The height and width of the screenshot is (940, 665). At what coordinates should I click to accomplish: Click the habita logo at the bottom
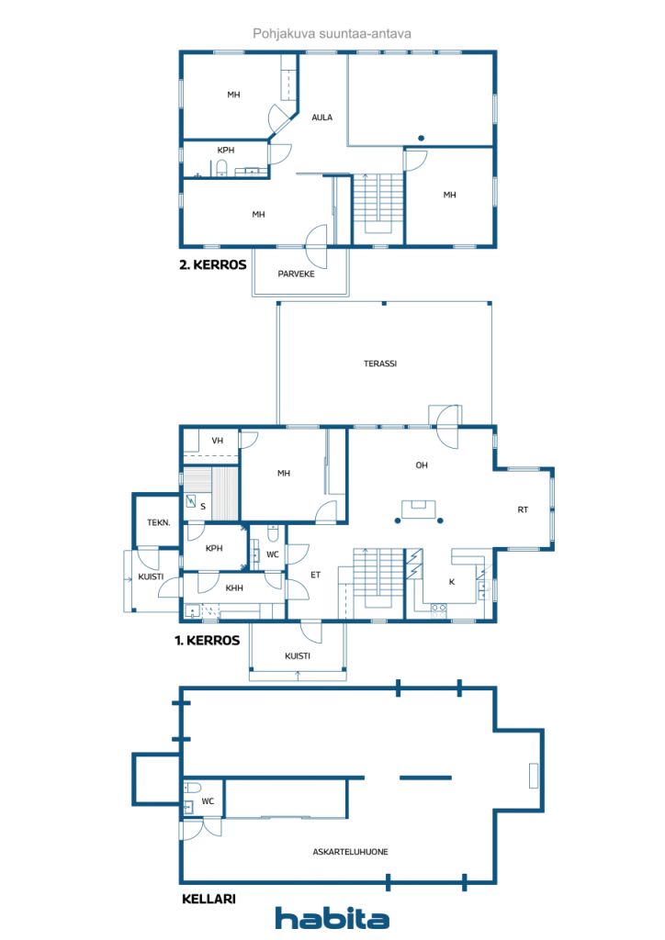click(332, 918)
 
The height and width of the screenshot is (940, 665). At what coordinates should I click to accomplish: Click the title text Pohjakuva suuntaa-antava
click(332, 33)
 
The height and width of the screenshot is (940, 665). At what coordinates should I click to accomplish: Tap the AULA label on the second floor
click(321, 117)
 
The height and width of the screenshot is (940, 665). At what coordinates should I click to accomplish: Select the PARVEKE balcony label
click(296, 273)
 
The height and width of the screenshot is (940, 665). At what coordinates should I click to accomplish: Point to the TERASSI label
click(379, 364)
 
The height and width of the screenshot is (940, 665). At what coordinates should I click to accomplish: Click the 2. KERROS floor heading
click(213, 265)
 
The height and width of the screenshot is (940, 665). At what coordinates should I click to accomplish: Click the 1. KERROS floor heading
click(208, 641)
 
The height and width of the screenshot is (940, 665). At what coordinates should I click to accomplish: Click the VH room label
click(218, 441)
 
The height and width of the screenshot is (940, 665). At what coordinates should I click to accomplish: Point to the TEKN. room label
click(158, 522)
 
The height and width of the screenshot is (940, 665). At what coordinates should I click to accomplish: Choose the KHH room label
click(234, 587)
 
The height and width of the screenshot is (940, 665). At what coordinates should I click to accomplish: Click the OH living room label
click(422, 465)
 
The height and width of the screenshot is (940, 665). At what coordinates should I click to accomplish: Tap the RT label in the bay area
click(522, 509)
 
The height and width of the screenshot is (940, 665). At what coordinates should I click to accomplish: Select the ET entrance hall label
click(314, 576)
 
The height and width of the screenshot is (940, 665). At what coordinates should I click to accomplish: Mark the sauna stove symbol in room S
click(191, 501)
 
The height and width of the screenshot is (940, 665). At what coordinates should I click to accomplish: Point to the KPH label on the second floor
click(225, 151)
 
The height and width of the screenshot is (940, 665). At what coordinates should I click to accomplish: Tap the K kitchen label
click(450, 582)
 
